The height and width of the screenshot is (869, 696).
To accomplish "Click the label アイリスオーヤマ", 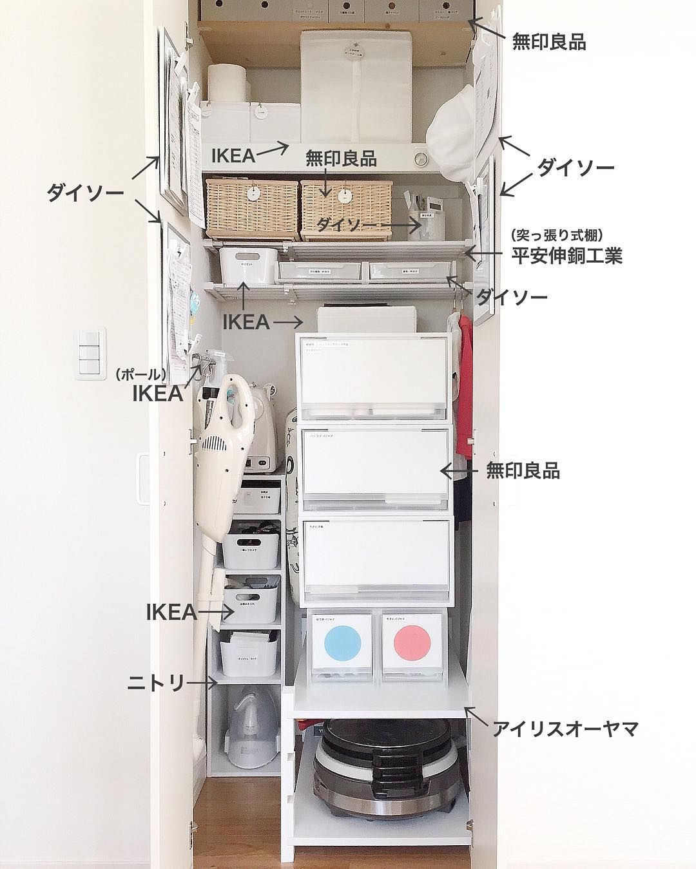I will pyautogui.click(x=565, y=729).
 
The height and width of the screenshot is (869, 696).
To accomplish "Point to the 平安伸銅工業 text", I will pyautogui.click(x=566, y=256).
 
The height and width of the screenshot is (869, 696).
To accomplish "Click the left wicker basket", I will pyautogui.click(x=251, y=205).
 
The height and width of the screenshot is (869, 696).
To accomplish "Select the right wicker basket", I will pyautogui.click(x=346, y=205).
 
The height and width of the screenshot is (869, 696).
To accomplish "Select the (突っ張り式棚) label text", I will pyautogui.click(x=557, y=235).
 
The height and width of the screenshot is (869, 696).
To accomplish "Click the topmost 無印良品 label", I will pyautogui.click(x=548, y=43).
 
